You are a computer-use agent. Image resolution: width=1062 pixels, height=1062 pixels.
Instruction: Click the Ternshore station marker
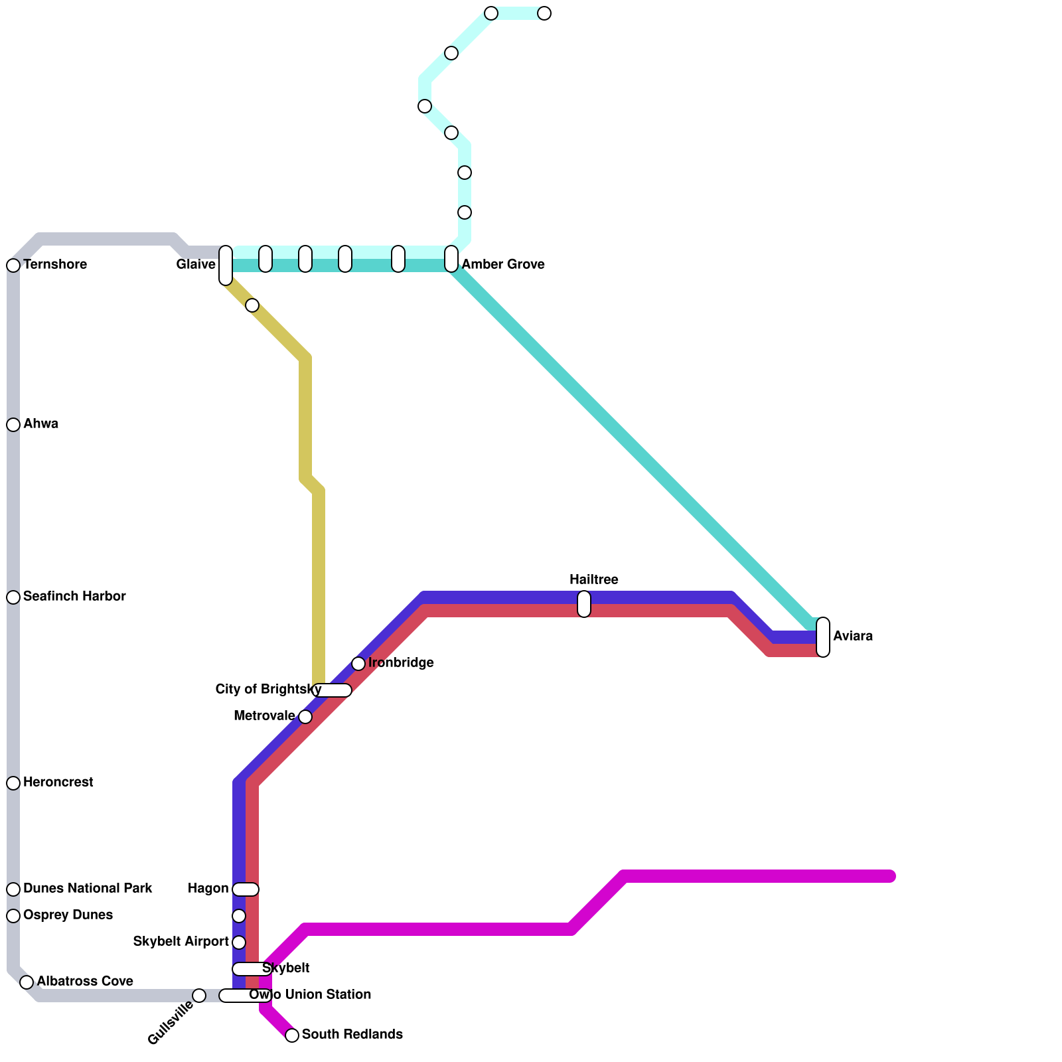point(13,265)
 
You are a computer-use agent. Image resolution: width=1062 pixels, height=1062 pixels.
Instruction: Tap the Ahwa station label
point(40,424)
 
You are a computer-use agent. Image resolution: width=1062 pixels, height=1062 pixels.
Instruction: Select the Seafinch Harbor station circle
point(13,597)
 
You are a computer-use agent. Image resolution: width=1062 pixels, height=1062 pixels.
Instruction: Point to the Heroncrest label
point(58,783)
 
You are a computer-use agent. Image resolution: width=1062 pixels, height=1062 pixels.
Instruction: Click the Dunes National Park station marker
point(13,889)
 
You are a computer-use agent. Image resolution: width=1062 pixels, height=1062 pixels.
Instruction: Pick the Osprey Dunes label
point(68,915)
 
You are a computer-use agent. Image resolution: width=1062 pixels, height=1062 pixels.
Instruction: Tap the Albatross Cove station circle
point(27,982)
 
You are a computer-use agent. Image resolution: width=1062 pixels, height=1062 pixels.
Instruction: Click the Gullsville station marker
point(199,996)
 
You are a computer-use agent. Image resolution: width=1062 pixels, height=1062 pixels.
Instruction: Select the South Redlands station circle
point(292,1035)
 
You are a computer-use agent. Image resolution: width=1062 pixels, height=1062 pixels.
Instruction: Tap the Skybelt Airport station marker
point(239,943)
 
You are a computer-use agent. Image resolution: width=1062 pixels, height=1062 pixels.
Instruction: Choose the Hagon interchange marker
point(246,889)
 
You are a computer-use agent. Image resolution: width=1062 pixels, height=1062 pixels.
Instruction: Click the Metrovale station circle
point(305,717)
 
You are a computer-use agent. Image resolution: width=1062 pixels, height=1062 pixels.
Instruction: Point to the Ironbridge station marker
point(358,664)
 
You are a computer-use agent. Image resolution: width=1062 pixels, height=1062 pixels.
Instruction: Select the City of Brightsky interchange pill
point(332,690)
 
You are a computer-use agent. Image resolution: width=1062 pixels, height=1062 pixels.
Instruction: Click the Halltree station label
point(594,580)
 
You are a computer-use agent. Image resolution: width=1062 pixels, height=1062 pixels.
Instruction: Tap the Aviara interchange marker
point(823,637)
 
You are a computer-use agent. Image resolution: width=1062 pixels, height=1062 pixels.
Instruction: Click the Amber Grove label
point(503,265)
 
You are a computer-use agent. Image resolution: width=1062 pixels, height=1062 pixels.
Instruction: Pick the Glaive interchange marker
point(226,265)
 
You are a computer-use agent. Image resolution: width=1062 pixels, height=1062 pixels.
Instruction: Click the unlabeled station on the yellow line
point(252,305)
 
